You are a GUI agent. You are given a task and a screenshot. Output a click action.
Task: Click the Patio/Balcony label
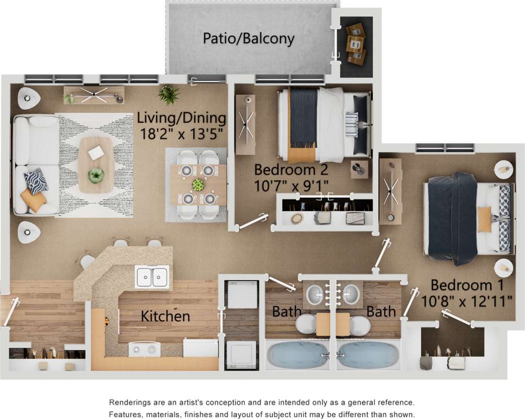(248, 38)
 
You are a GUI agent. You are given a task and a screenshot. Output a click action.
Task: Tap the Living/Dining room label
(181, 118)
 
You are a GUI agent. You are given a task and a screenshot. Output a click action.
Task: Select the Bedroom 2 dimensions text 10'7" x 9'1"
(292, 185)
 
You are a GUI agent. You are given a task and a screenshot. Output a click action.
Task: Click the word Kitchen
(165, 317)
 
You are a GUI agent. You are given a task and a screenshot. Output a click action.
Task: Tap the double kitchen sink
(152, 277)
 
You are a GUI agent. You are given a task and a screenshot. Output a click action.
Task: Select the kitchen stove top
(144, 349)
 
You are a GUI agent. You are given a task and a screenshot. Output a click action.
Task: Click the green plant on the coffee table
(96, 175)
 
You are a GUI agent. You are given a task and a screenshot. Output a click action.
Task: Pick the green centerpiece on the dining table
(198, 184)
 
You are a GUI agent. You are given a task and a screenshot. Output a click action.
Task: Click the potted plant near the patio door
(169, 95)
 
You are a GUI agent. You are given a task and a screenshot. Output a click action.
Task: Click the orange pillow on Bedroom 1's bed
(484, 219)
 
